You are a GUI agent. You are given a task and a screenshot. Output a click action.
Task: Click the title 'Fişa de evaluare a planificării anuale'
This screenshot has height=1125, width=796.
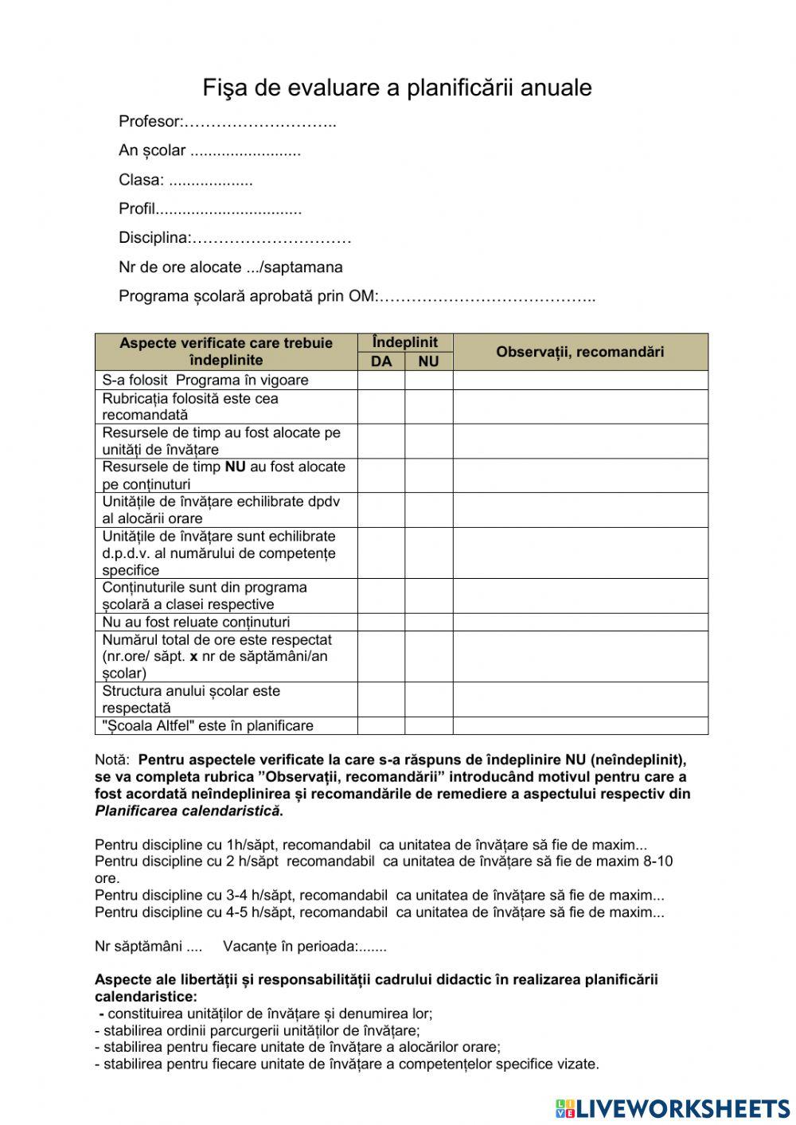(397, 88)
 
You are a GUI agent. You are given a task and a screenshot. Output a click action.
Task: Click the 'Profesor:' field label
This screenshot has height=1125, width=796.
(150, 122)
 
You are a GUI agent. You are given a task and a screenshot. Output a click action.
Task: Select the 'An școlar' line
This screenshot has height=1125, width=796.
(209, 150)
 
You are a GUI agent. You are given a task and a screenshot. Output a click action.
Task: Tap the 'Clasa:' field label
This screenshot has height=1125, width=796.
(141, 180)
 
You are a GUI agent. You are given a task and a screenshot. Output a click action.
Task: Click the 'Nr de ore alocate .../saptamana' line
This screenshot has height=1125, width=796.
(231, 268)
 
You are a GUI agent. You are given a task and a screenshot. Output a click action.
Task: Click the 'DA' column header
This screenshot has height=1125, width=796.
(381, 361)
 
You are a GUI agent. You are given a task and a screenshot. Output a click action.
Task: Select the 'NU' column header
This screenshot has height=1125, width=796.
(428, 361)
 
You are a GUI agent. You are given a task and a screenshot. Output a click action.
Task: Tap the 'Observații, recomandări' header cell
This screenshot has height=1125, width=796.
(579, 352)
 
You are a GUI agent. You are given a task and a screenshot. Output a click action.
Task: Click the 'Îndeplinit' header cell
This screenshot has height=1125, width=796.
(404, 342)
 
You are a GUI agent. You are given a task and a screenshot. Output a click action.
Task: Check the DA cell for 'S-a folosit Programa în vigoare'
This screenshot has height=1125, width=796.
(381, 380)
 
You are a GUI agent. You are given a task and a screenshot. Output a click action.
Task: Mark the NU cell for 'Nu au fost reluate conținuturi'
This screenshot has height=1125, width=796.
(428, 622)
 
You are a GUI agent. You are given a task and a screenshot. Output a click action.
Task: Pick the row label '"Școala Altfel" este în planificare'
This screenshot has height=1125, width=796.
(208, 725)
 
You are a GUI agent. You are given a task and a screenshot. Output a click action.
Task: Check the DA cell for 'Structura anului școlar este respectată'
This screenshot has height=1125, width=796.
(381, 699)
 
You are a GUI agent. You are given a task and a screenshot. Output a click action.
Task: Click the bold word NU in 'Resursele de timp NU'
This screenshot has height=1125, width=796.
(235, 467)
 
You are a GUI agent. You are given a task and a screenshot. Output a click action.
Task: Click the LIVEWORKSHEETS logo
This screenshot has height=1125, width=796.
(673, 1107)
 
